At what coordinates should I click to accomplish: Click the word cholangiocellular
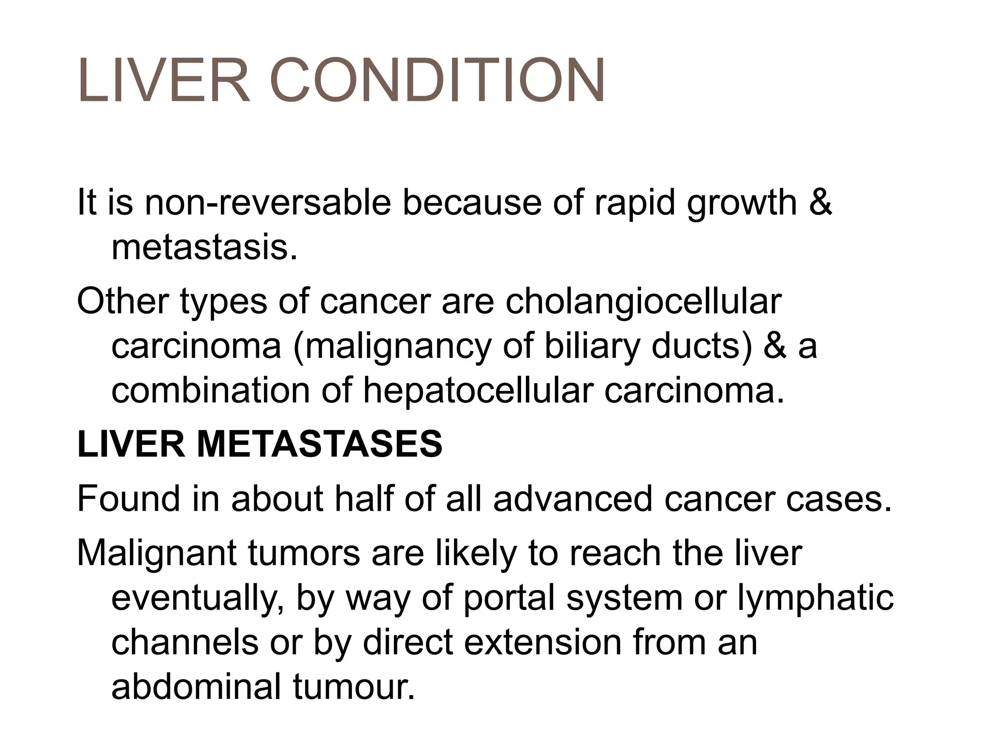643,301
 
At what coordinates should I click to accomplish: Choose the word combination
211,391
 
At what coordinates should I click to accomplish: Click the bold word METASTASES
320,445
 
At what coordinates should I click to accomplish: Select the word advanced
573,499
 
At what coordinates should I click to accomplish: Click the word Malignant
157,553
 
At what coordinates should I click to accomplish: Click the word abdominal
196,687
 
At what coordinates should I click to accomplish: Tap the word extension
542,642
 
